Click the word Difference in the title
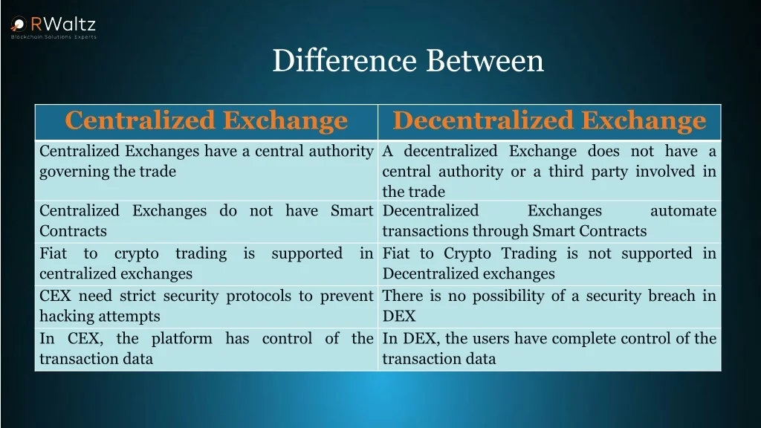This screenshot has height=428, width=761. (345, 61)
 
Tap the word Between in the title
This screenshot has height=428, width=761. (485, 61)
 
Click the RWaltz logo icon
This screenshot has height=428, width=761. (19, 24)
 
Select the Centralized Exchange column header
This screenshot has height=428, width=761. (207, 120)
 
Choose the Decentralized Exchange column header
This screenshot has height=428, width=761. (549, 120)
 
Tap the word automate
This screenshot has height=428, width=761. (684, 210)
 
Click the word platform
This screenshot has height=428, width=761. (181, 339)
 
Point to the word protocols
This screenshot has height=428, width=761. (259, 296)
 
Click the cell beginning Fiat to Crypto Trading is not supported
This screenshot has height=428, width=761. (549, 264)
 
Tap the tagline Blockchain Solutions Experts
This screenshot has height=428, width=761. (54, 37)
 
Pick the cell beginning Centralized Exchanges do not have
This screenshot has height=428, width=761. (207, 221)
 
